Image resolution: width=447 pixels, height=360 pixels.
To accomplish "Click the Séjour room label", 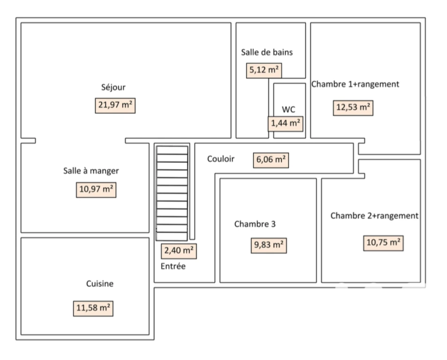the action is point(113,87).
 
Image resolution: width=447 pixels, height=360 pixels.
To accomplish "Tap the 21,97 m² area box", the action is point(115,105).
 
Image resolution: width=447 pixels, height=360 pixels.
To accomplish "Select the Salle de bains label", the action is point(267,52).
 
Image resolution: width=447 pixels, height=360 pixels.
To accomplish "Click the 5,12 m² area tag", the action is point(264,70).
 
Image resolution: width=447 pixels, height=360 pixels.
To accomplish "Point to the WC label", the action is point(288,109).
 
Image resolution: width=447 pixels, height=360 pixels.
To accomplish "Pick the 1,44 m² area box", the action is point(285,124).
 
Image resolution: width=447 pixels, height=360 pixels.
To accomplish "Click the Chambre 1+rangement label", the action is point(355,84).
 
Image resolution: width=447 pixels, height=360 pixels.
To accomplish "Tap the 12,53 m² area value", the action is point(353,108).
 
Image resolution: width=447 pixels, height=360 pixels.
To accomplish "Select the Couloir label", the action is point(220,158).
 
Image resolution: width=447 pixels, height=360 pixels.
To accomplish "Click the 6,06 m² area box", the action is point(271,160).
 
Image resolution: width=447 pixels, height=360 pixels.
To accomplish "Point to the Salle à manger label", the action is point(91,171).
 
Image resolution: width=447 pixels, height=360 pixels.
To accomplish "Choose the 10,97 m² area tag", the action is point(96,190).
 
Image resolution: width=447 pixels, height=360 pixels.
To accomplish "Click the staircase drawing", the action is point(172,193).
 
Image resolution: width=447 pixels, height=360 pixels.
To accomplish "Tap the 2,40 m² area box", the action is point(179,251).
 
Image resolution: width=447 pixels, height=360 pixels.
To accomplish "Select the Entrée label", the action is point(173,266).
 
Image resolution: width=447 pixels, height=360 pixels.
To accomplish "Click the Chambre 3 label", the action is point(255,224).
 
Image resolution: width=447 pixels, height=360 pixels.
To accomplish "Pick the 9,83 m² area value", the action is point(269,246).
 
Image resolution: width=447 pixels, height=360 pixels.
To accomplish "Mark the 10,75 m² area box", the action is point(383,243).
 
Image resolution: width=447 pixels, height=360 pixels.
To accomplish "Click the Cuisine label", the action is point(100,284).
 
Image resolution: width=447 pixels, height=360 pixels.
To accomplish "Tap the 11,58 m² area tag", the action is point(93,308).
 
